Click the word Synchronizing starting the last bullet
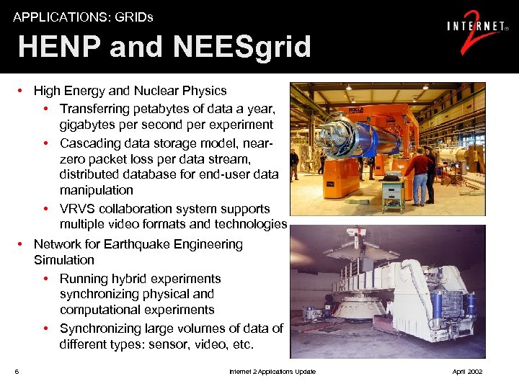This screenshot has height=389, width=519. (x=107, y=328)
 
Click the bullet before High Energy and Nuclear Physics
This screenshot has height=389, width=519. (x=22, y=91)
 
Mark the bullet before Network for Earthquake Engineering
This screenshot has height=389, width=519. (x=22, y=244)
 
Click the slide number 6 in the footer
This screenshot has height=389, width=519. (x=16, y=372)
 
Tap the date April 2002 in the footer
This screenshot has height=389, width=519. (x=466, y=372)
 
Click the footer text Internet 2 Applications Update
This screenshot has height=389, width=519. (x=272, y=372)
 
